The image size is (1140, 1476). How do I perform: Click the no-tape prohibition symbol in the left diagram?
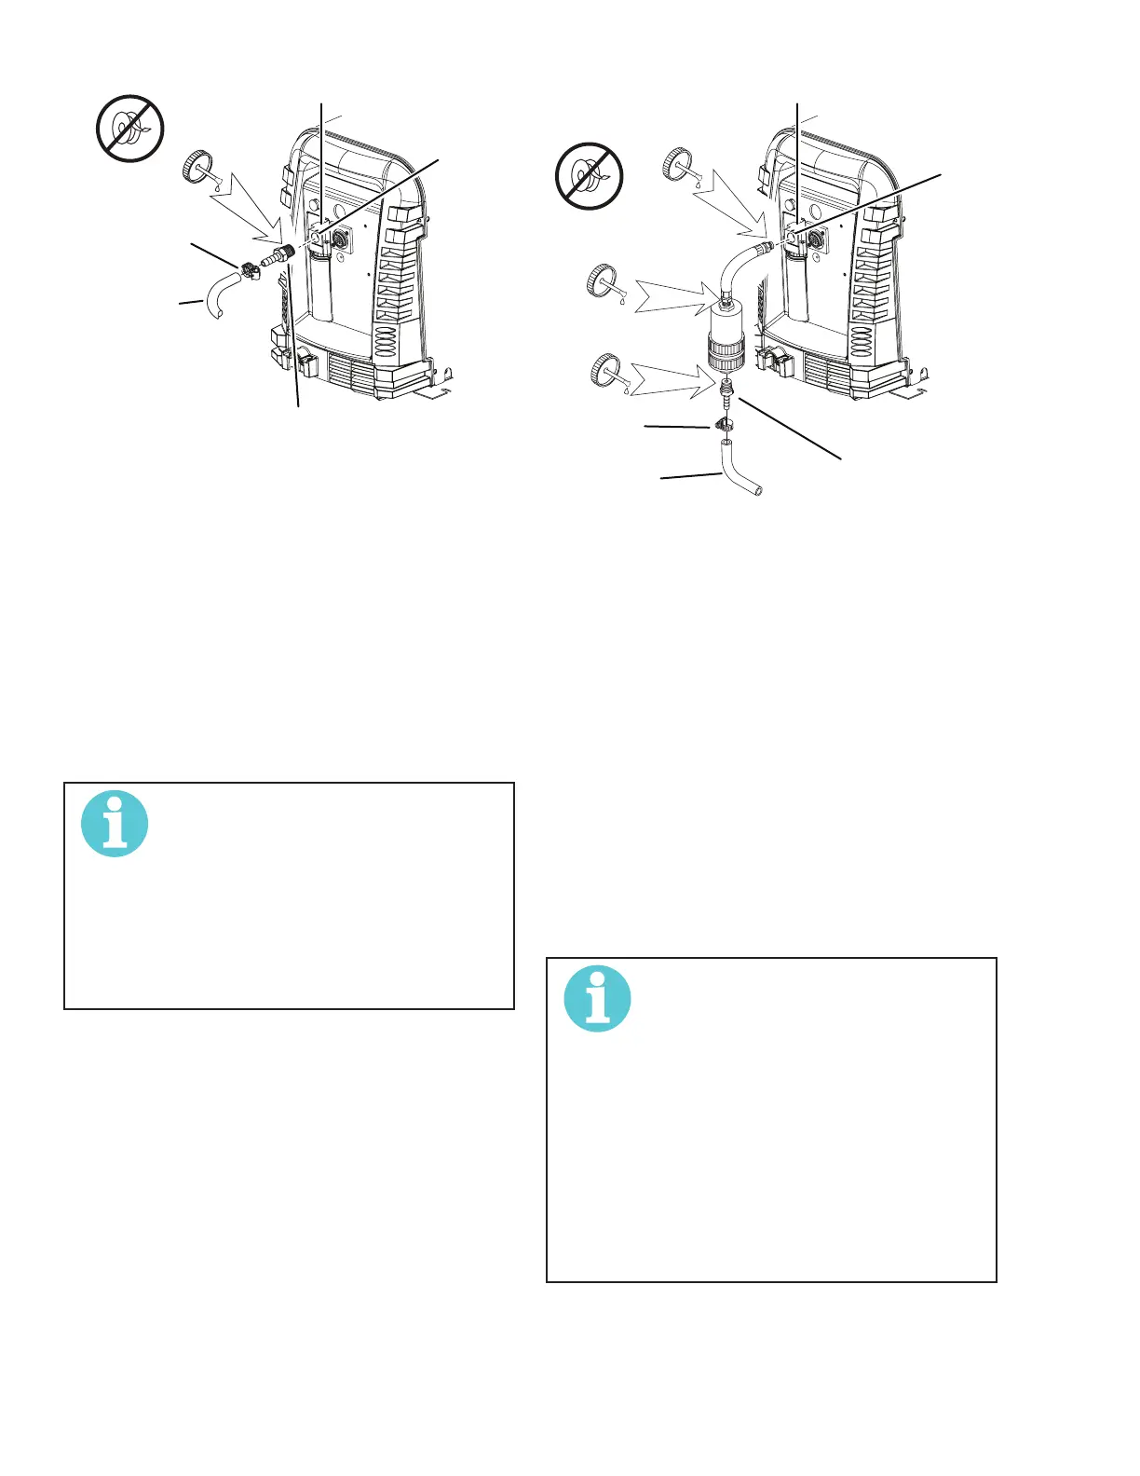(x=130, y=129)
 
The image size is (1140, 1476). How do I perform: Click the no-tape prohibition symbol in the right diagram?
(x=589, y=176)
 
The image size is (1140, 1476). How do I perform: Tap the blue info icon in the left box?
(x=115, y=824)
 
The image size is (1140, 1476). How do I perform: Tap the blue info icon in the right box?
(x=598, y=999)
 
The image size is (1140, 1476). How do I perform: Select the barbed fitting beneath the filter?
(x=726, y=391)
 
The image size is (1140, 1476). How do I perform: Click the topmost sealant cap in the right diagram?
(x=677, y=164)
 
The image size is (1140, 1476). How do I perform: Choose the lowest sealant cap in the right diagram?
(x=606, y=371)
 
